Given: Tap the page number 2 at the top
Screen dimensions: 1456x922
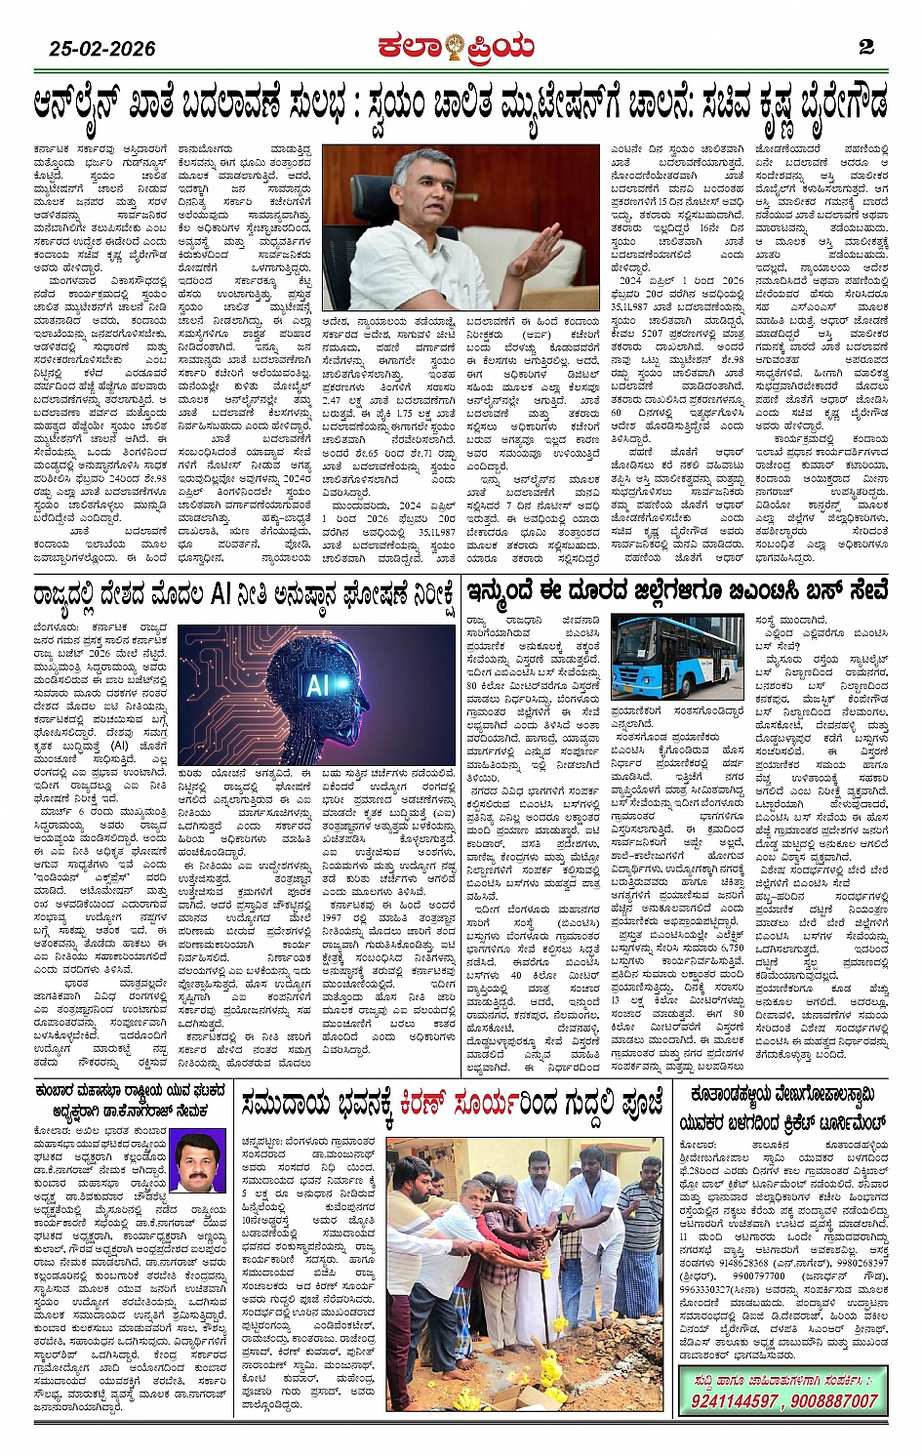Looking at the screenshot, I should click(x=865, y=47).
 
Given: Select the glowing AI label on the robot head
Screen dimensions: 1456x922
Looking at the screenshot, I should click(x=319, y=685).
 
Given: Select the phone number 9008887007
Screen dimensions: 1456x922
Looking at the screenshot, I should click(x=835, y=1400).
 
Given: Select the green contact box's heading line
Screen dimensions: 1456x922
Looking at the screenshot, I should click(x=782, y=1380).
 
